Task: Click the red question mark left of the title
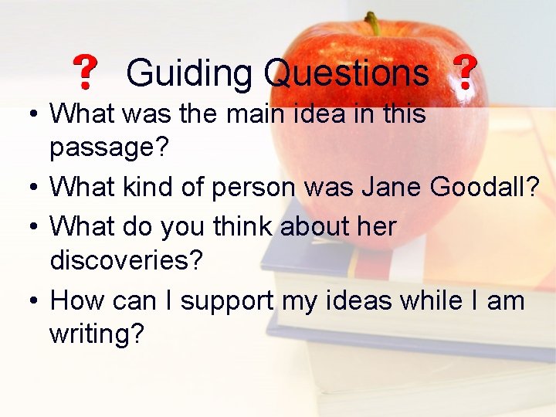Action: click(85, 73)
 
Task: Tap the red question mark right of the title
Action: click(464, 73)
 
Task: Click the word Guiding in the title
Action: click(188, 74)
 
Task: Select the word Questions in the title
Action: click(345, 74)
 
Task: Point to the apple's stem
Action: click(373, 22)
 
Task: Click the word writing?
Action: click(97, 335)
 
